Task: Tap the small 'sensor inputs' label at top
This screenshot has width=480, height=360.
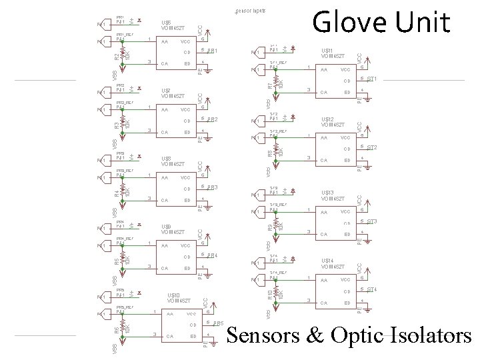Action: [x=250, y=11]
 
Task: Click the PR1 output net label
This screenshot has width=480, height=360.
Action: [x=213, y=51]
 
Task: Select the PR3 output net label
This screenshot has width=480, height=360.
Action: [x=213, y=187]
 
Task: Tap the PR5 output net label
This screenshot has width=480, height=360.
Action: [x=218, y=323]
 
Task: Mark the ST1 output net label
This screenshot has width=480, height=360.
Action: [x=372, y=79]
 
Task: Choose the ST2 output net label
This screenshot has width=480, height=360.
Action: [x=372, y=147]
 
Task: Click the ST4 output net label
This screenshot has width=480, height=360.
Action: [x=372, y=289]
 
